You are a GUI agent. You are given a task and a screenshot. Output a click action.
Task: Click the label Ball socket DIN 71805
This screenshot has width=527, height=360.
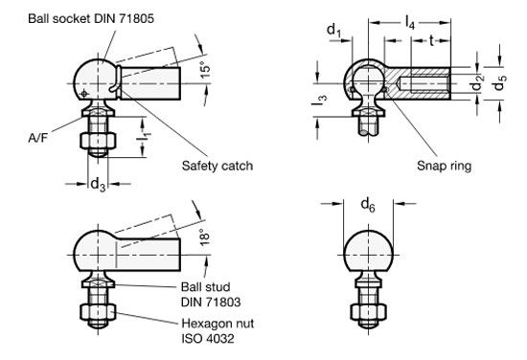91,18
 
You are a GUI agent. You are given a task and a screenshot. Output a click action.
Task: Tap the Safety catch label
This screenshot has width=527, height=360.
218,166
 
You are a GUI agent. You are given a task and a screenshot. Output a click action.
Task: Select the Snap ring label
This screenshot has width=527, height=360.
444,166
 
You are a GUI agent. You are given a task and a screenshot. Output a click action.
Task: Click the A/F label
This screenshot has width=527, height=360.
38,138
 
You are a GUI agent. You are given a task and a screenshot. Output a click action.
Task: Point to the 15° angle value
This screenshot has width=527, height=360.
206,70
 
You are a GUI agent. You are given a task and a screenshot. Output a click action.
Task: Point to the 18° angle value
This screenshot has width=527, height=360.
205,237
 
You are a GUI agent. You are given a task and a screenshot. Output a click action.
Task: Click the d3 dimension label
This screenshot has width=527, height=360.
98,185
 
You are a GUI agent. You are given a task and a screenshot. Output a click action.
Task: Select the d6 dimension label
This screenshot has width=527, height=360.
368,204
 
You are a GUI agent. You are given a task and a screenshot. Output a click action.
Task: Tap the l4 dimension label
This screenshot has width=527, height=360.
410,24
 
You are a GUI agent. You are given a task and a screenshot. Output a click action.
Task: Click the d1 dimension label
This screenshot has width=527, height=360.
334,31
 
